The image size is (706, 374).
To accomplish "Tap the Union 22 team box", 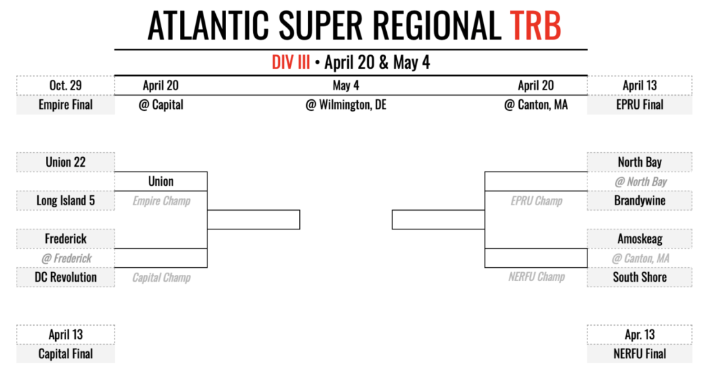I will (65, 162).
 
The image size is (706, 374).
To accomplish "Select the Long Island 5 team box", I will (65, 200).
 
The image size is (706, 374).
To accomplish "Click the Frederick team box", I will (65, 238).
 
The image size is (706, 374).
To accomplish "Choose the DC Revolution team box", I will (65, 277).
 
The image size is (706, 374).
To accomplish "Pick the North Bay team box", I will (639, 162).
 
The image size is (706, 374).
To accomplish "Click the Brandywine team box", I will (639, 200).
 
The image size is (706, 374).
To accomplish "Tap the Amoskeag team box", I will (639, 238).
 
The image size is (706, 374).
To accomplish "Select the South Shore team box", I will (639, 277).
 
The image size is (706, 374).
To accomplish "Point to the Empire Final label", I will (65, 105).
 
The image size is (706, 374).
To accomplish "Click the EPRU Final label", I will (639, 105).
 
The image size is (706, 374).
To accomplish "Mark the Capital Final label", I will (65, 353).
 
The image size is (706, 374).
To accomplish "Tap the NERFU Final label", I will (639, 353).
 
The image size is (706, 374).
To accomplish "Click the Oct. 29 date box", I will (65, 86).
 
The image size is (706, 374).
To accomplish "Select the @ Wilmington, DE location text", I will (346, 105).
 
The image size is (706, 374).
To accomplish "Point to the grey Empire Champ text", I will (161, 201).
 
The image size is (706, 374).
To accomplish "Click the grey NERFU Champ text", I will (536, 277).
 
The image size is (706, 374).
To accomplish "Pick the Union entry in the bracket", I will (161, 181).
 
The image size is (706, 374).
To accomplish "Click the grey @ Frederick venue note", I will (65, 258).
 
